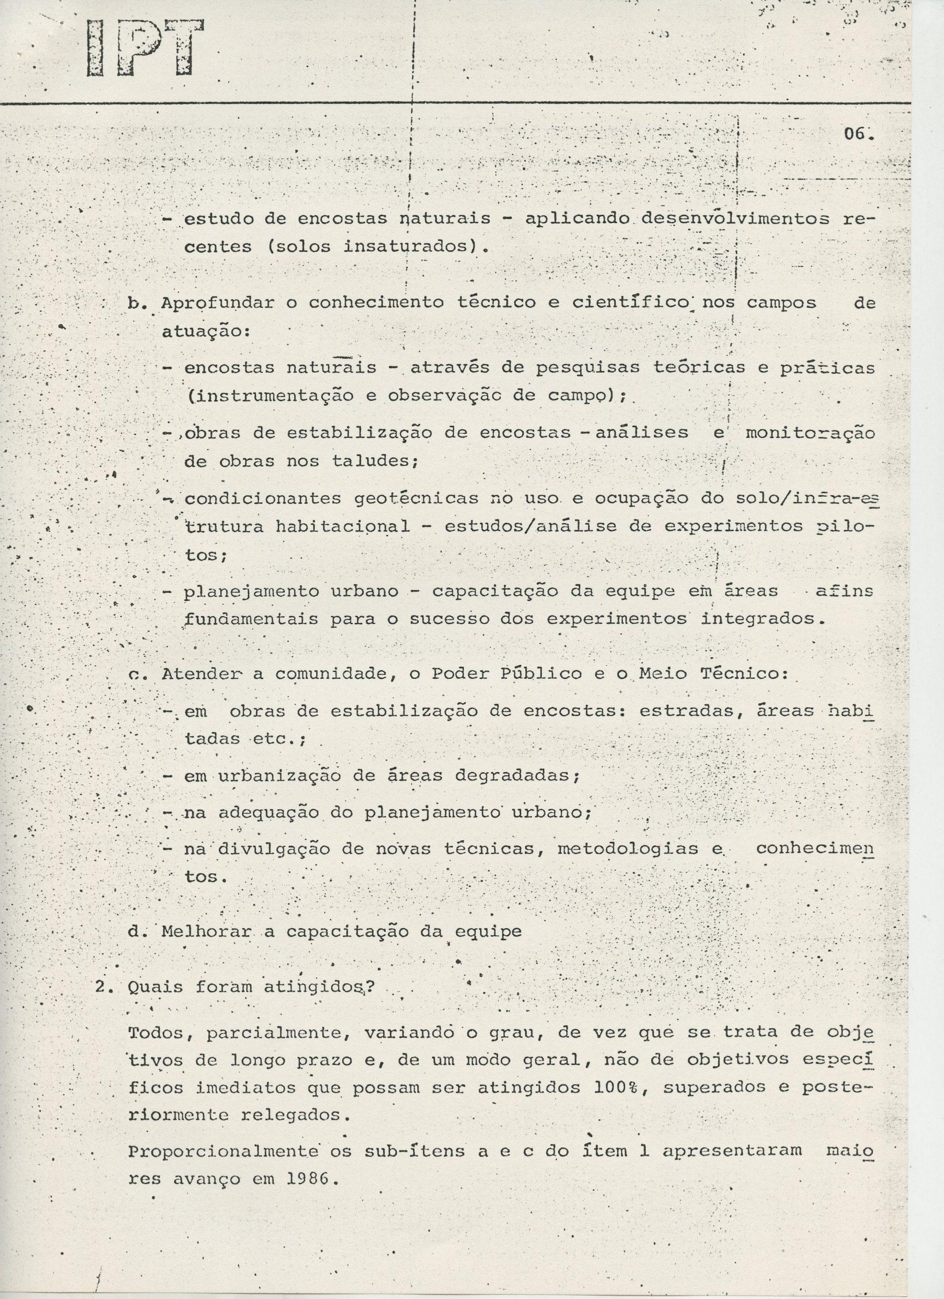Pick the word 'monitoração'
click(810, 433)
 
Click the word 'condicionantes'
click(263, 499)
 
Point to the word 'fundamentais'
click(252, 619)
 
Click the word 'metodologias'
click(627, 849)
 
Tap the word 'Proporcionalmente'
click(223, 1152)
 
